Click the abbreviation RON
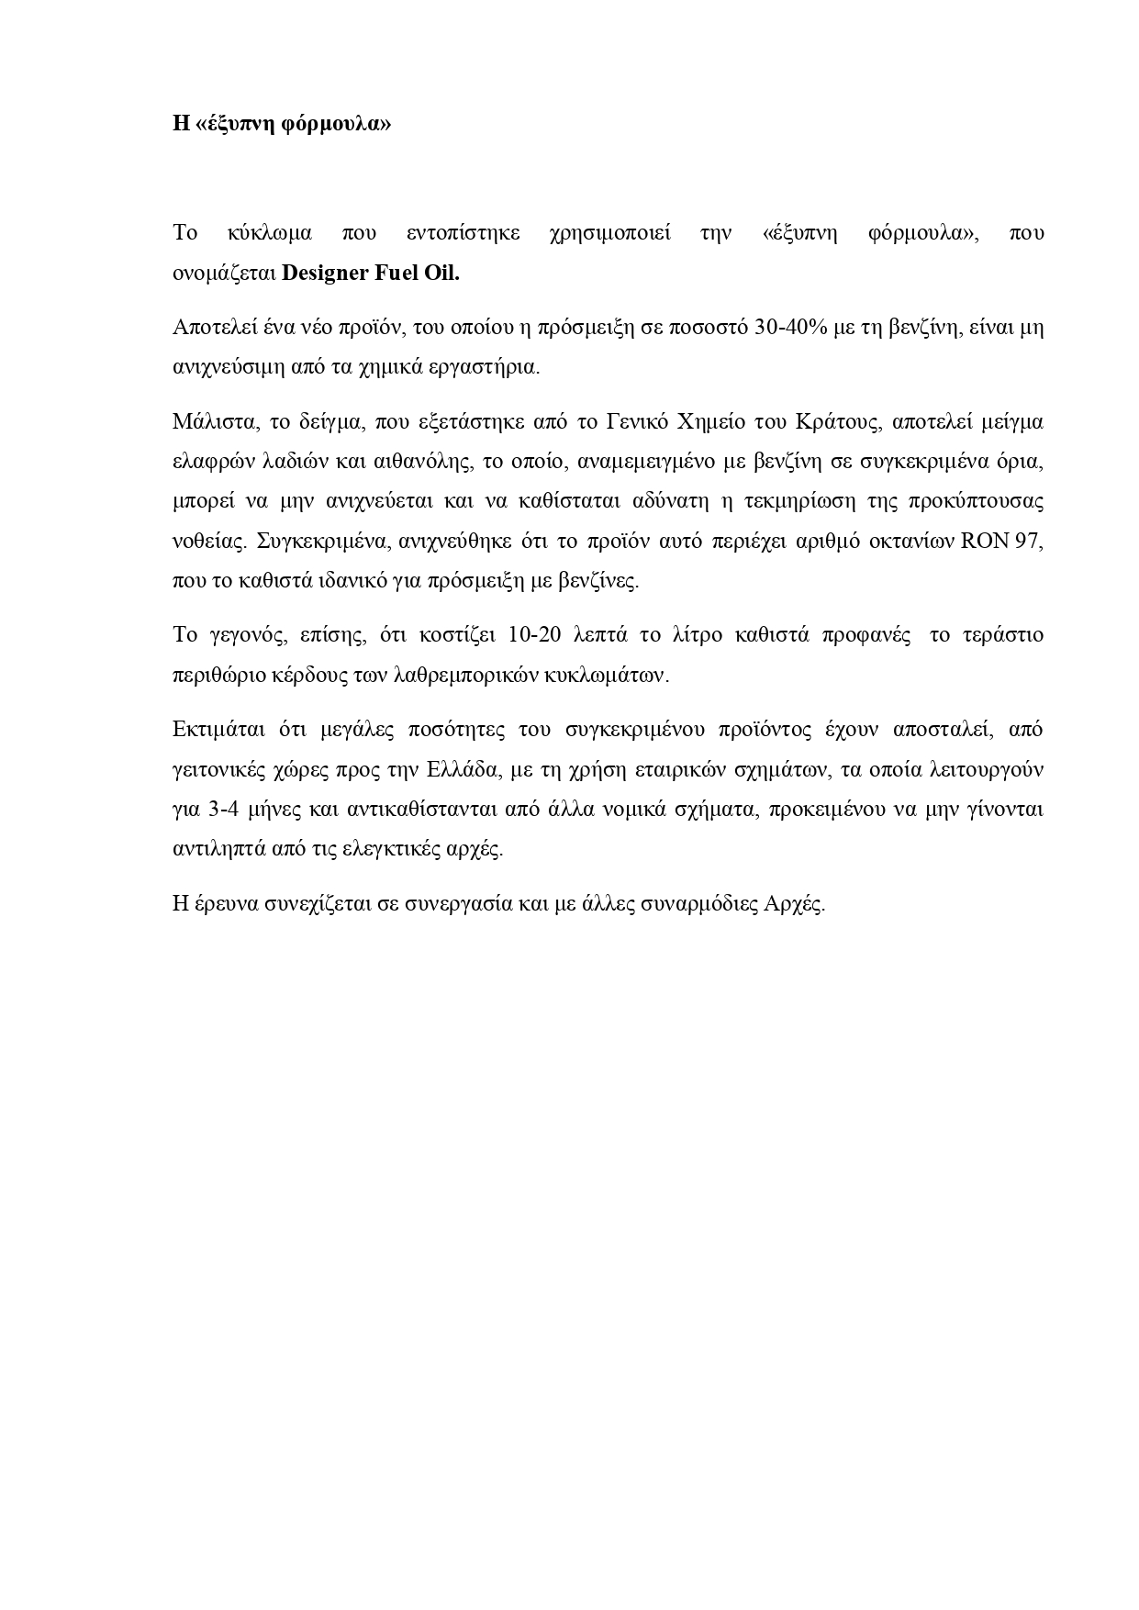coord(983,541)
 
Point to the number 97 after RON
coord(1030,541)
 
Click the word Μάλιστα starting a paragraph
coord(209,421)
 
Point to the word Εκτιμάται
coord(214,729)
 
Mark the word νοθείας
coord(208,541)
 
